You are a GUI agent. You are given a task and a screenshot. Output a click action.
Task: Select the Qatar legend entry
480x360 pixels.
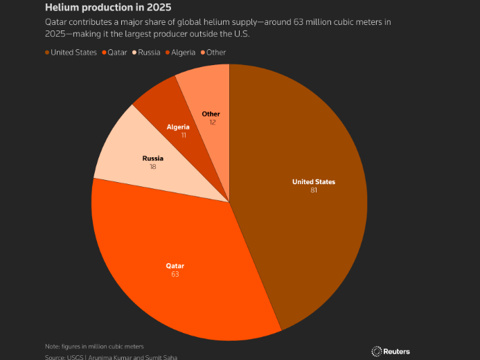pos(117,52)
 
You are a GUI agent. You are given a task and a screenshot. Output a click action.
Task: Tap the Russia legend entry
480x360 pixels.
pos(148,52)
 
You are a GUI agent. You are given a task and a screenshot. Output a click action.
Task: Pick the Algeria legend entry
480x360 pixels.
pos(181,52)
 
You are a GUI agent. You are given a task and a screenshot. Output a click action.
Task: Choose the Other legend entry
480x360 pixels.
pos(214,52)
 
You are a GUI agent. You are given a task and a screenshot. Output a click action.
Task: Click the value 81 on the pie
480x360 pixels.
pos(314,190)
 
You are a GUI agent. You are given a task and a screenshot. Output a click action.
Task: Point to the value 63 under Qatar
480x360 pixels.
pos(175,275)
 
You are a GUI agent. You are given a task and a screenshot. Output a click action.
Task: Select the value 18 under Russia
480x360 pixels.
pos(152,167)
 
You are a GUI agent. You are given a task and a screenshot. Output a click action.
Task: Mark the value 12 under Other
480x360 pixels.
pos(212,122)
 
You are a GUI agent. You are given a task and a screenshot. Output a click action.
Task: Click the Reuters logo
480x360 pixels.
pos(391,351)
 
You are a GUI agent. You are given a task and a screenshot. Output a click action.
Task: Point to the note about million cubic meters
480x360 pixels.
pos(95,345)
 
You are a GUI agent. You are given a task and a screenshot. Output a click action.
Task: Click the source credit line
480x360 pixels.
pos(111,357)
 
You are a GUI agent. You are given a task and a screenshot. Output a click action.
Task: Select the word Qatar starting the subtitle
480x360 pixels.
pos(57,22)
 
